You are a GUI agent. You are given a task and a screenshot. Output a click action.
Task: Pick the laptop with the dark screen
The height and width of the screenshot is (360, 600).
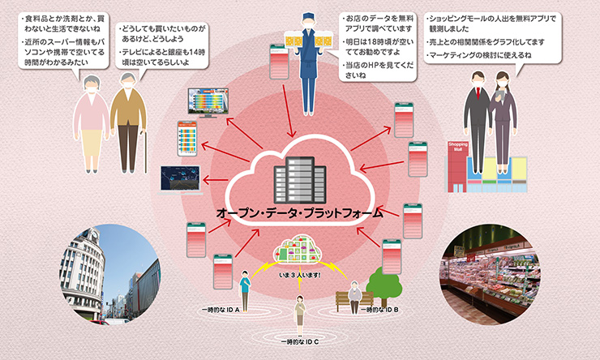pyautogui.click(x=181, y=179)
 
